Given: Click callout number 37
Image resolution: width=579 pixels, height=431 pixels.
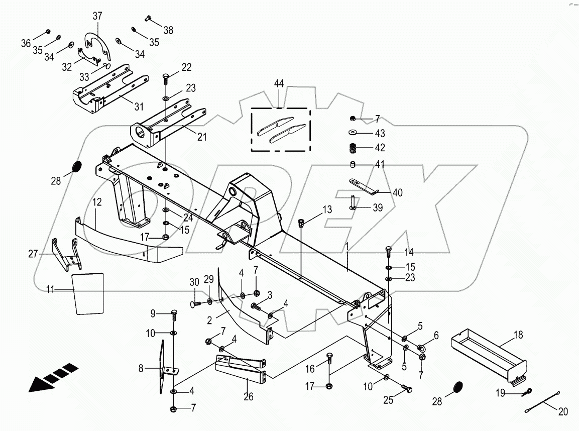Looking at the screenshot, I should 97,16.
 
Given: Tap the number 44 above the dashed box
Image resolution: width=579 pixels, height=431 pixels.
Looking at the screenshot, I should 279,84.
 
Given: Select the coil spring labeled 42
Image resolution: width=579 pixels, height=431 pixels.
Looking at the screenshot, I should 353,149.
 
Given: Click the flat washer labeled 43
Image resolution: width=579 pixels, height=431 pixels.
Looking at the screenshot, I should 353,133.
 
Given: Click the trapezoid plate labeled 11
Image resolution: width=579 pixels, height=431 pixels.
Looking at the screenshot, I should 89,293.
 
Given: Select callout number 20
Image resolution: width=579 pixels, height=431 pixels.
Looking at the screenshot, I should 563,412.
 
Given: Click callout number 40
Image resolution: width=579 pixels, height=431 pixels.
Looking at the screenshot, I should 397,192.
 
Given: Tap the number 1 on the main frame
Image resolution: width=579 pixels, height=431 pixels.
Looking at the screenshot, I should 347,247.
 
